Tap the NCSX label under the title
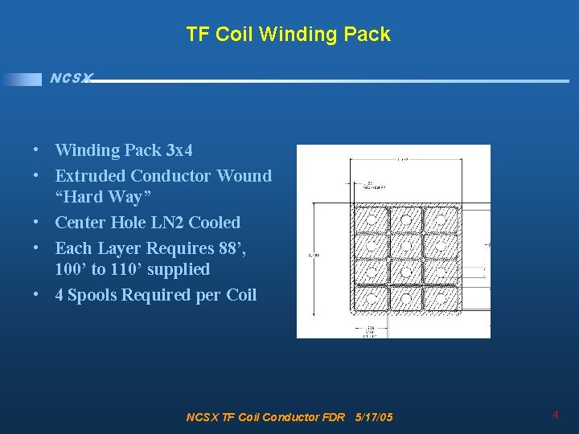tap(71, 78)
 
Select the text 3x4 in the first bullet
tap(179, 150)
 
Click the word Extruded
tap(89, 175)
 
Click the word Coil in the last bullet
tap(241, 295)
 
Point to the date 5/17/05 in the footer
tap(374, 417)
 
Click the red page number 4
tap(556, 415)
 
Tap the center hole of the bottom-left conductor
tap(372, 297)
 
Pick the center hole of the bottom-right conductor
tap(441, 297)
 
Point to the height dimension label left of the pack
tap(314, 256)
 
